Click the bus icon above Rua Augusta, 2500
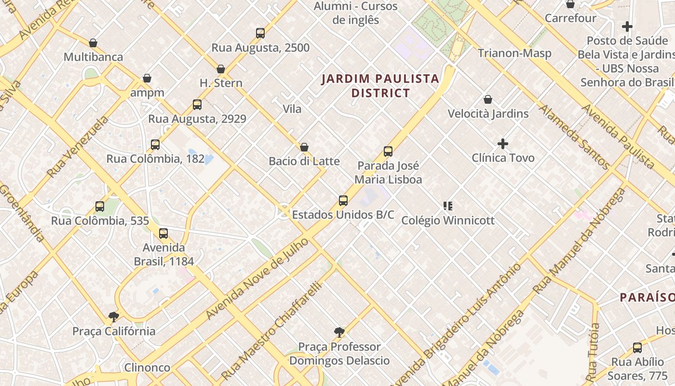point(260,33)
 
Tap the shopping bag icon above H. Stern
point(221,69)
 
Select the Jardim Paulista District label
point(380,85)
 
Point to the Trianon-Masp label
point(514,53)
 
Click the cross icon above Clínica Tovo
point(503,144)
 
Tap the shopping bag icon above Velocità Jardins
point(488,100)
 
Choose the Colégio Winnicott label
point(448,221)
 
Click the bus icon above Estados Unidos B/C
point(343,201)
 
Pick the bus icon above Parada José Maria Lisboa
point(388,152)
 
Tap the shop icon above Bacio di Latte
point(304,147)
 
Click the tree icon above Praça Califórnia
point(114,317)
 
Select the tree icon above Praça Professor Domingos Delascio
point(339,332)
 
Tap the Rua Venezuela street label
point(78,146)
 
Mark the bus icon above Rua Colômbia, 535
point(100,207)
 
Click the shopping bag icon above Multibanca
point(93,43)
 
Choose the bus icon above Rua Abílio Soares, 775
point(637,348)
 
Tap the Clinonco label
point(147,368)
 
